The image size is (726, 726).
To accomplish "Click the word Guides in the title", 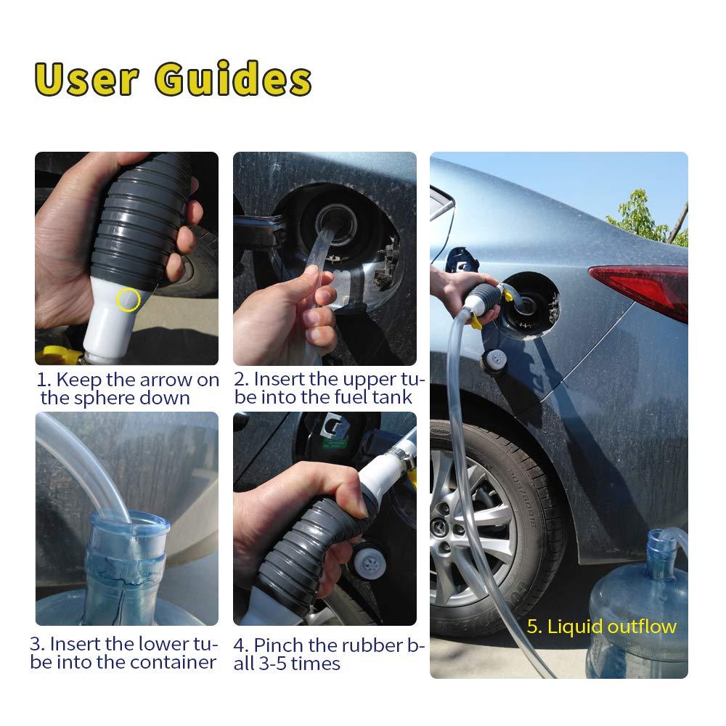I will [x=233, y=80].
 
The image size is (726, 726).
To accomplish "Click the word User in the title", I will [x=86, y=80].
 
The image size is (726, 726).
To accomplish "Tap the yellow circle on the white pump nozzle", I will [x=129, y=300].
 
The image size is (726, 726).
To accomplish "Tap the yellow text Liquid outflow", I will [x=601, y=627].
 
